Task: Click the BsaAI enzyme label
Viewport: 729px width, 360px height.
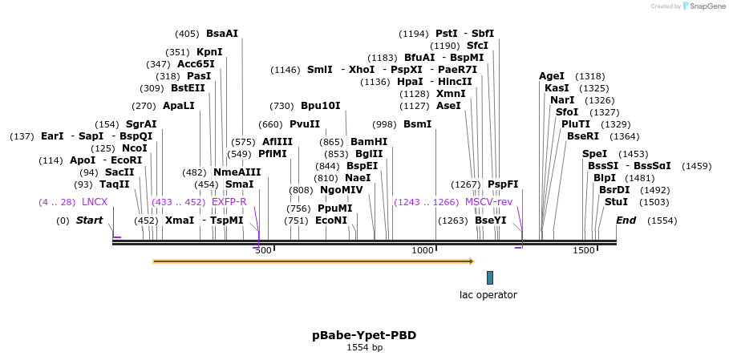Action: (222, 34)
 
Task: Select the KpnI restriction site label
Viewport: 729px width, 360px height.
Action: (209, 52)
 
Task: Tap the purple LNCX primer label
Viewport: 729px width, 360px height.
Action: (95, 202)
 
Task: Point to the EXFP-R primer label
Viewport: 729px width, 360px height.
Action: (229, 202)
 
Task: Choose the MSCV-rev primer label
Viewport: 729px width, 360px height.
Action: (488, 202)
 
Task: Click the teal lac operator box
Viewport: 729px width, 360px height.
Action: (490, 277)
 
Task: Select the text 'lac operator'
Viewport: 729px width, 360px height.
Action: (488, 295)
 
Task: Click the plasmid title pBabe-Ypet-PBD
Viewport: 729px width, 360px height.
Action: (364, 335)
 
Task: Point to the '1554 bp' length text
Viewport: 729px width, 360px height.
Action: (364, 348)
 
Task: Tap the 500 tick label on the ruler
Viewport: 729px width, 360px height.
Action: (263, 251)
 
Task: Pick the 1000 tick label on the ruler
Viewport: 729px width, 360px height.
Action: (423, 251)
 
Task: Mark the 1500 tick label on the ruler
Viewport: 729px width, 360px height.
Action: (584, 251)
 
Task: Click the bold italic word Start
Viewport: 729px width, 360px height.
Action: (89, 220)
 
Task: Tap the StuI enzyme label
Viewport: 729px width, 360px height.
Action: (616, 202)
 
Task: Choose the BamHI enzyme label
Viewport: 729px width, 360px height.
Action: (369, 142)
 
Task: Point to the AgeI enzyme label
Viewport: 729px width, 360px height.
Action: (552, 76)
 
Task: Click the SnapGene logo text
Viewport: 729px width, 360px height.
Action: (707, 6)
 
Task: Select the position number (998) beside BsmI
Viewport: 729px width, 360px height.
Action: (384, 124)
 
